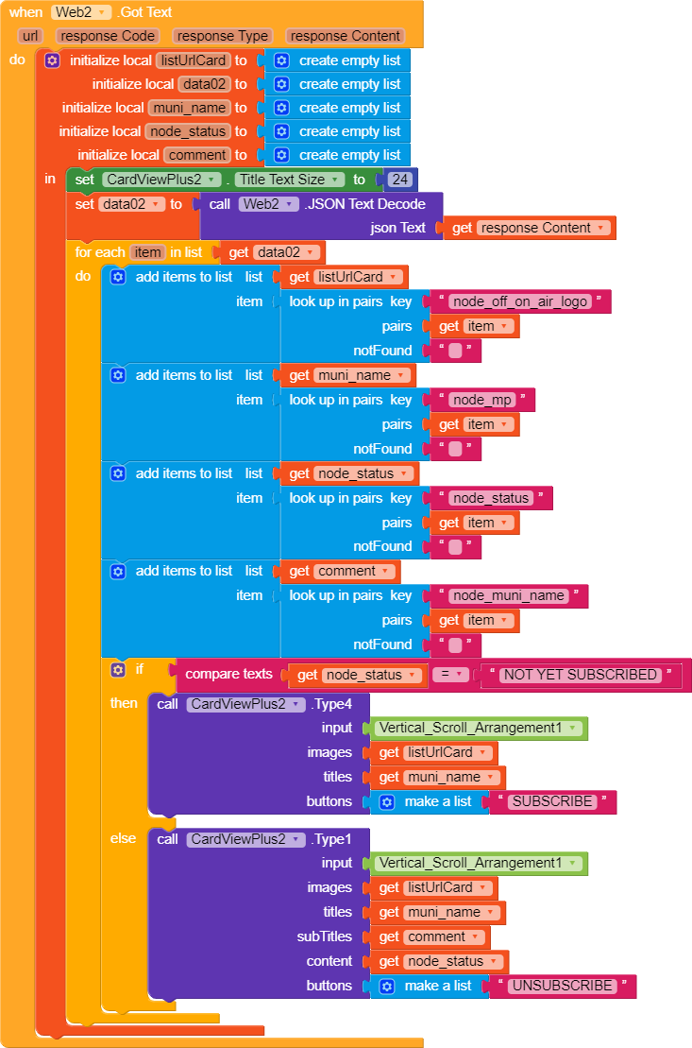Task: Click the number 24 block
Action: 402,180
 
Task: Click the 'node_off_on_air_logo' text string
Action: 520,301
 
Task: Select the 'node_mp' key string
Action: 481,400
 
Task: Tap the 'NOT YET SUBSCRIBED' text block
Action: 580,675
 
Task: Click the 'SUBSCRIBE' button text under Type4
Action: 553,801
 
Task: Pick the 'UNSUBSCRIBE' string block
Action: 563,986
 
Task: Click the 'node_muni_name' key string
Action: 508,595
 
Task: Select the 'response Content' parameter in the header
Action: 345,36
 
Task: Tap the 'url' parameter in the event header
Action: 30,36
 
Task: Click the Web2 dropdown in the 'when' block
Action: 81,12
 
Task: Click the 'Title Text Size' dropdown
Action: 289,180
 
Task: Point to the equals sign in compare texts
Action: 450,675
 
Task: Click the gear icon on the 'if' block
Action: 118,670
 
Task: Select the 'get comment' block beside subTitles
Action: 433,936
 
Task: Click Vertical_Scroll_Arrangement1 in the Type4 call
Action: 480,728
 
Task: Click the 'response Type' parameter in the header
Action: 223,36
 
